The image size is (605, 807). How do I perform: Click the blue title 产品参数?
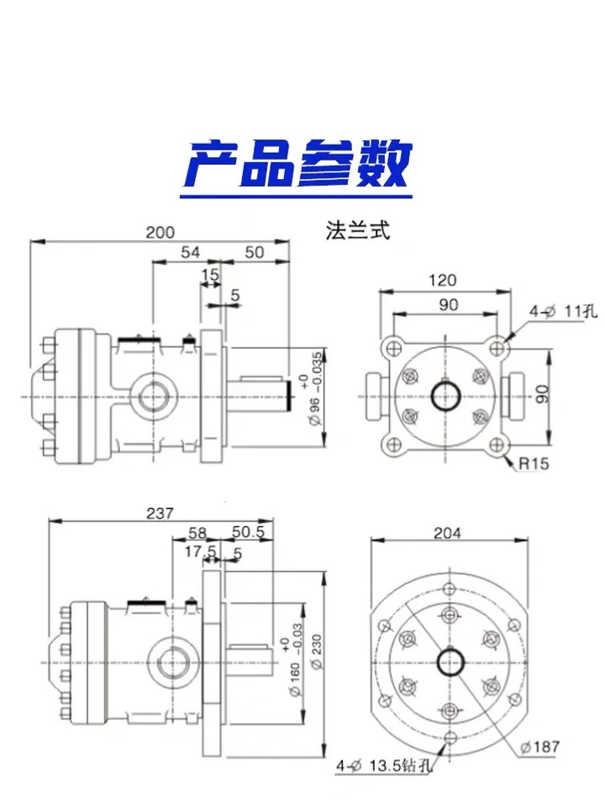tap(297, 164)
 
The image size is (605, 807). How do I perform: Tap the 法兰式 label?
tap(358, 230)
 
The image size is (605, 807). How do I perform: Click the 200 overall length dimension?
tap(160, 232)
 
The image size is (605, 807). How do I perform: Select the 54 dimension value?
tap(190, 252)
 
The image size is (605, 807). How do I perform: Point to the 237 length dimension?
tap(160, 513)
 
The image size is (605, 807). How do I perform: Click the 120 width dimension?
tap(443, 280)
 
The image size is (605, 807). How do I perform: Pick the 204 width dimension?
tap(447, 533)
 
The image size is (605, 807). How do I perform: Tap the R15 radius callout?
tap(534, 464)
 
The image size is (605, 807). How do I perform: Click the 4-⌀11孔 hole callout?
tap(563, 311)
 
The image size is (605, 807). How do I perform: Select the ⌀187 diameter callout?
tap(539, 746)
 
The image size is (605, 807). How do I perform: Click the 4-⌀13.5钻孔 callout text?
tap(384, 766)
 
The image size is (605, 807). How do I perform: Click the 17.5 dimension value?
tap(200, 551)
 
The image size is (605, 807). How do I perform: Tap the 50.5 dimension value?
tap(248, 532)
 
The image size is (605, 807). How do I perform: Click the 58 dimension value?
tap(197, 533)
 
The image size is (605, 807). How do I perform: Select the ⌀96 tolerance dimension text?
tap(311, 389)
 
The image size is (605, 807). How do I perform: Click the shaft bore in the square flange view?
tap(445, 396)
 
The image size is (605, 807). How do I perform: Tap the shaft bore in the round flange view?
tap(450, 662)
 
